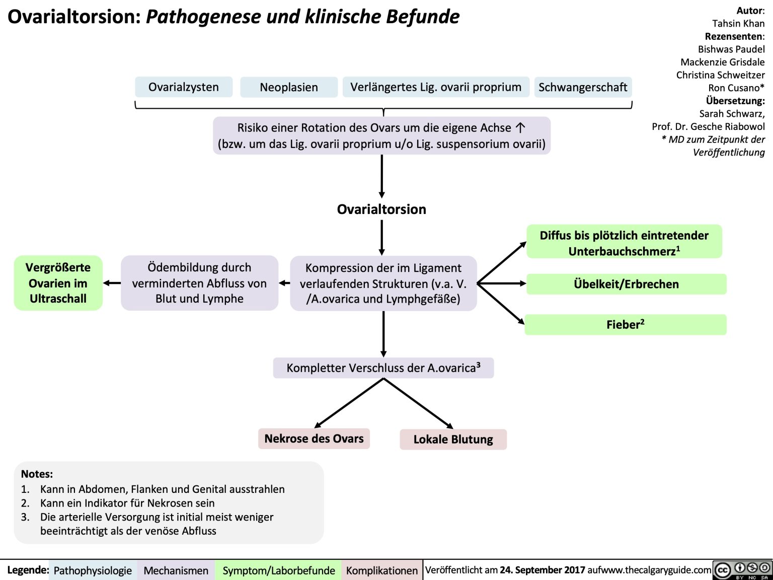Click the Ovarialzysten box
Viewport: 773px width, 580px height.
(184, 87)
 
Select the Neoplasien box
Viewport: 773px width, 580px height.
(289, 87)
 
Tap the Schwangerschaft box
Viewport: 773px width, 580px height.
(583, 87)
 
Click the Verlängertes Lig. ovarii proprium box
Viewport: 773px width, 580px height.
(436, 87)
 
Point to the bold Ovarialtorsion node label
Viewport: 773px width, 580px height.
(381, 209)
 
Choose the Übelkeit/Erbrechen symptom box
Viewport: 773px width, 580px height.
(626, 284)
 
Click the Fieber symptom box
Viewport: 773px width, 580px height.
(625, 325)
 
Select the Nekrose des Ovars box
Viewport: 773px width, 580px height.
(314, 439)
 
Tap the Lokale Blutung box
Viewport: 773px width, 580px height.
(453, 440)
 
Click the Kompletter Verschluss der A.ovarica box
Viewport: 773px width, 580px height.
(383, 368)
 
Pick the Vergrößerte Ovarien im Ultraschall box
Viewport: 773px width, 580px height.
(58, 283)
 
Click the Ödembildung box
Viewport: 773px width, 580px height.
(199, 283)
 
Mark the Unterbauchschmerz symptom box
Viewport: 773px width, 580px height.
(624, 243)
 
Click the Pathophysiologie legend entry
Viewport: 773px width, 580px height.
(93, 570)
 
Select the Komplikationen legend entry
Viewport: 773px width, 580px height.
(382, 570)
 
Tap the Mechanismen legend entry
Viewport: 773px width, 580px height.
(176, 570)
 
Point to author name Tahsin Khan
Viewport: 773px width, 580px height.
(738, 23)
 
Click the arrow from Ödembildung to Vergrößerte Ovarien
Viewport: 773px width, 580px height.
(112, 283)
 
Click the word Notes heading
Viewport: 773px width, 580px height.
(37, 474)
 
